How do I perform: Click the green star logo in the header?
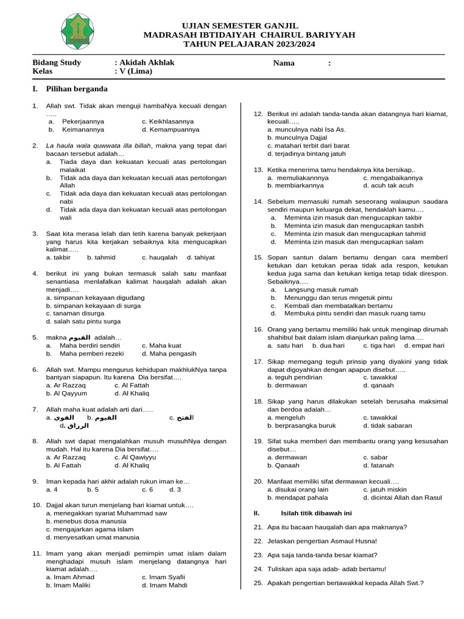(x=77, y=33)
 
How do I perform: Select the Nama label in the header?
(x=283, y=63)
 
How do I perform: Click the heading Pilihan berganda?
(x=82, y=89)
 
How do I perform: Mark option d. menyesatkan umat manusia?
(x=92, y=537)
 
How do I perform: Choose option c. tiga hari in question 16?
(x=378, y=345)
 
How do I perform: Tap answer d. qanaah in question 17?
(x=378, y=385)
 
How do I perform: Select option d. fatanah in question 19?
(x=378, y=465)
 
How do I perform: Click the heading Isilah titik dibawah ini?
(x=316, y=513)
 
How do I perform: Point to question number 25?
(x=258, y=583)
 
